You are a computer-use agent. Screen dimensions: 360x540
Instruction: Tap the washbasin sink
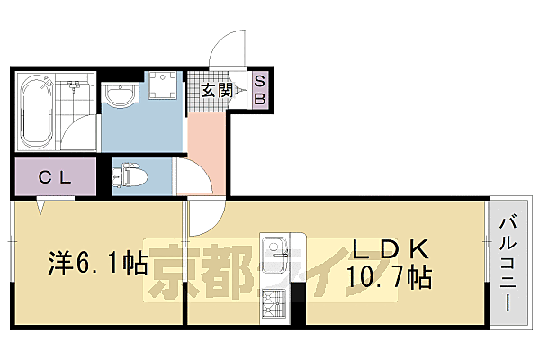coord(118,94)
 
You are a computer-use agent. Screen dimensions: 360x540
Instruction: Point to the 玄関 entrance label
coord(217,90)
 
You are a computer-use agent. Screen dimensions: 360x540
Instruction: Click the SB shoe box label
coord(259,90)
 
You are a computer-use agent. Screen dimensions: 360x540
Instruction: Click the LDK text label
coord(387,248)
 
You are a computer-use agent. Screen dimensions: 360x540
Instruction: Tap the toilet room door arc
coord(191,171)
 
